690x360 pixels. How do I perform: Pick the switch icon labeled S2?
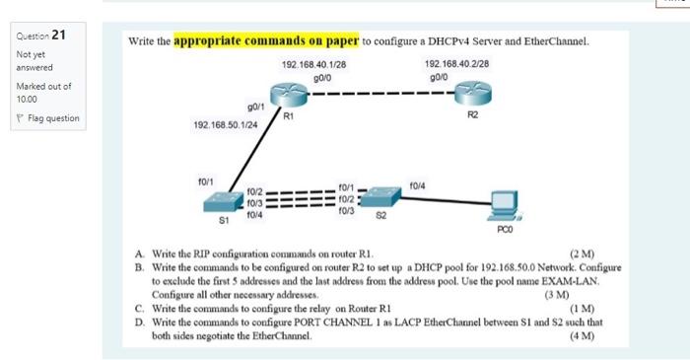point(383,196)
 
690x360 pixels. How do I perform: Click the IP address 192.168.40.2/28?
point(456,64)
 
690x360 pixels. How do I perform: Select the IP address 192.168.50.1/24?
point(226,126)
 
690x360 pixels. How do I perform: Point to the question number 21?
point(59,36)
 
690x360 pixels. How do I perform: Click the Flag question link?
point(51,118)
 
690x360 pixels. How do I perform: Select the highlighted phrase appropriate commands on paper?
point(266,41)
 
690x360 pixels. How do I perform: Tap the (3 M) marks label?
point(557,295)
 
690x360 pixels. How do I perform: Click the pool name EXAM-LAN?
point(600,281)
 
